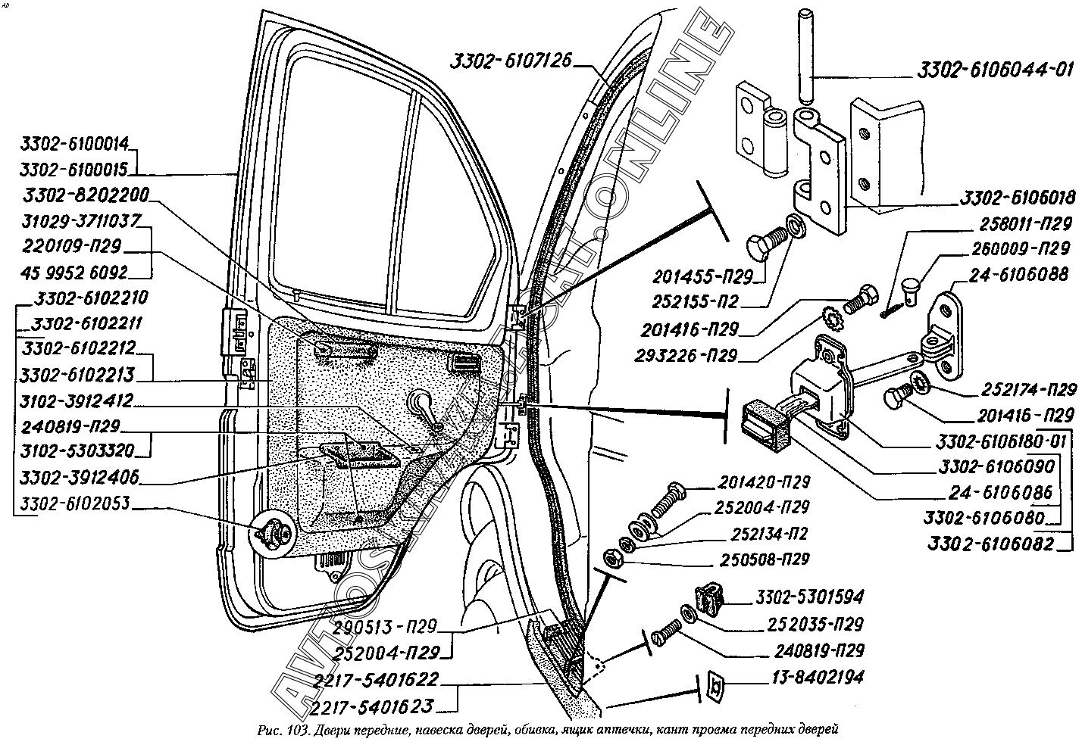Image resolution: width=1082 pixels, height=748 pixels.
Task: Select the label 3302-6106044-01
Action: tap(994, 71)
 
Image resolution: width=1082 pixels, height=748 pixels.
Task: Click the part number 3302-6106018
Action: tap(1017, 198)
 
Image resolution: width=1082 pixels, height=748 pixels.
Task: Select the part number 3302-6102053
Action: tap(75, 503)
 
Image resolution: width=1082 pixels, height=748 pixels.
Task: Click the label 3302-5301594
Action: tap(809, 597)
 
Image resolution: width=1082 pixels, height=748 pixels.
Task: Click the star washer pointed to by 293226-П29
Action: tap(833, 317)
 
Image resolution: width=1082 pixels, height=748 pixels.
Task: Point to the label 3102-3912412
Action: tap(77, 400)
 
